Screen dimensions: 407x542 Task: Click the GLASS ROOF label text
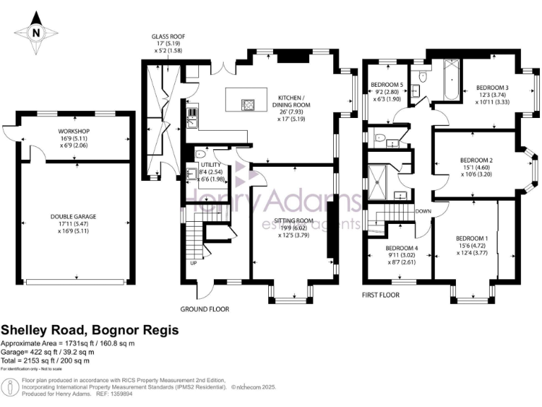169,37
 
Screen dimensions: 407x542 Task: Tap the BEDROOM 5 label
387,85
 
